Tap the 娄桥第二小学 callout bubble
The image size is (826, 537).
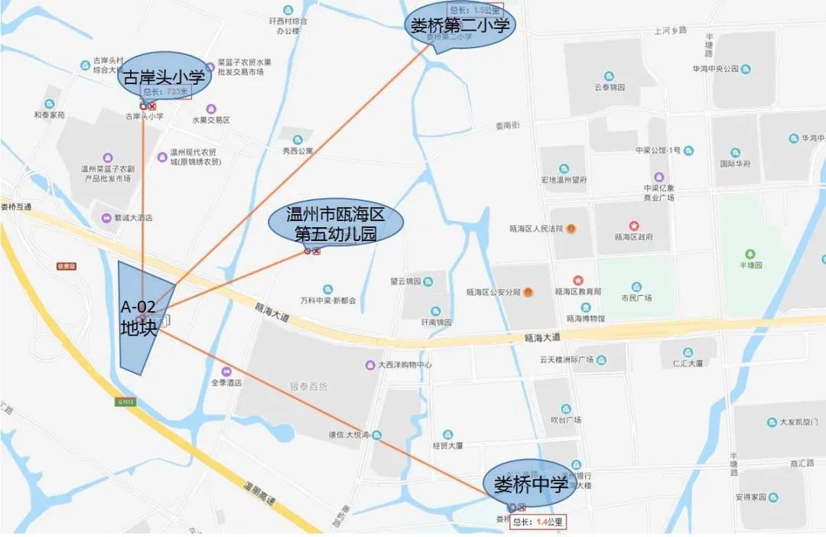coord(460,25)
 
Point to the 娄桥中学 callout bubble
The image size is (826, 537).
coord(531,484)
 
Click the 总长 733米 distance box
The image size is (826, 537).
coord(165,92)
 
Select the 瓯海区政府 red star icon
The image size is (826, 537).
coord(634,226)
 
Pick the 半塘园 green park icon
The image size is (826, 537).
coord(750,253)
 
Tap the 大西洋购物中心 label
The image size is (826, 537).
coord(405,366)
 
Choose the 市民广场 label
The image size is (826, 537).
coord(636,298)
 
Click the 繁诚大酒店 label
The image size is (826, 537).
coord(132,218)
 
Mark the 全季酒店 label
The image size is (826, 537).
coord(226,382)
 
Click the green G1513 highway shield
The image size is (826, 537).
coord(125,401)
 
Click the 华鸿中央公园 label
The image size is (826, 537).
coord(714,69)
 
